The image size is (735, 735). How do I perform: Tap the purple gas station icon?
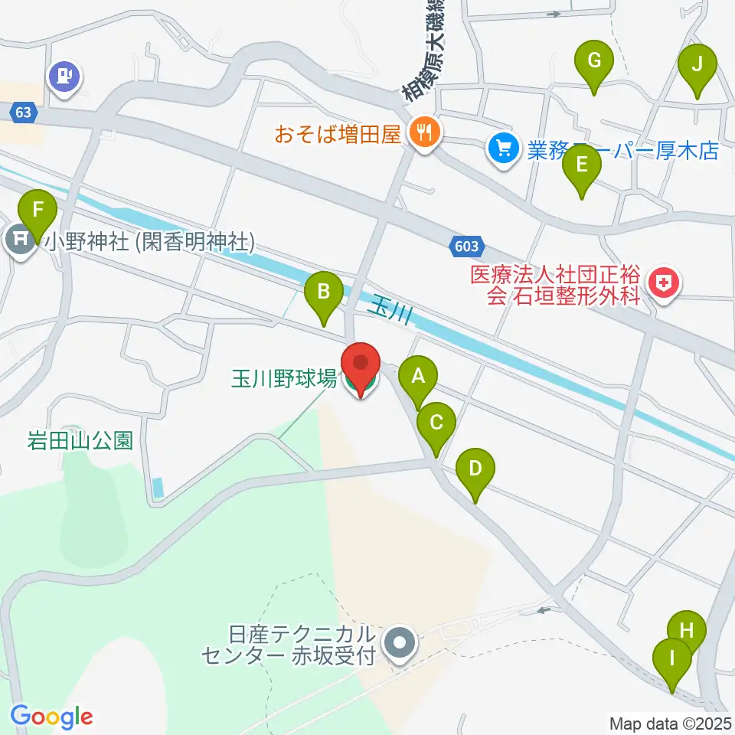(65, 77)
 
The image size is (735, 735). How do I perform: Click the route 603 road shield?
(468, 247)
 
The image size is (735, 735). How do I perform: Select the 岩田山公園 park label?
(80, 440)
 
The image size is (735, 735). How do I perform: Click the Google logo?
(51, 717)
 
